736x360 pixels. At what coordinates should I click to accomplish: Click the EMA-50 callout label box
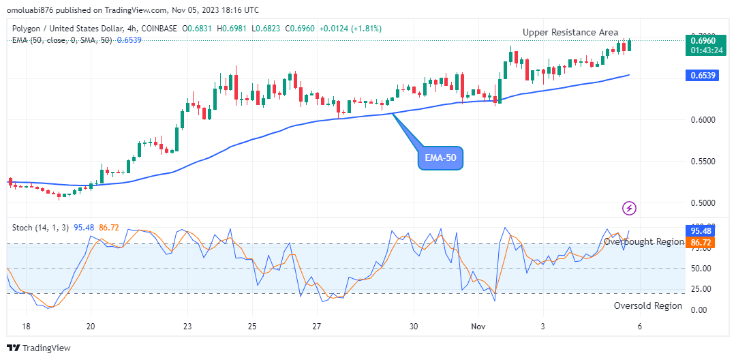[x=440, y=158]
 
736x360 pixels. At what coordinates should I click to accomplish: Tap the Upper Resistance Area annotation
[x=570, y=32]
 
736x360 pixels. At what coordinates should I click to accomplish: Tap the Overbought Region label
[x=644, y=242]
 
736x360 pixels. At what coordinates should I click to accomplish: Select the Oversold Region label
[x=647, y=305]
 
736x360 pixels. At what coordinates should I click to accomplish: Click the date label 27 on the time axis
[x=317, y=327]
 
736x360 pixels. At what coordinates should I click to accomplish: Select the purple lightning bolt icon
[x=630, y=208]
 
